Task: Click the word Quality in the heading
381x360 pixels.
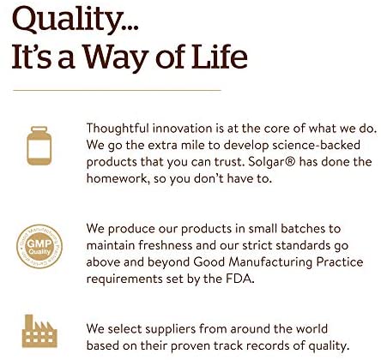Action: coord(68,20)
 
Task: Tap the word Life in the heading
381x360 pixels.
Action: coord(220,57)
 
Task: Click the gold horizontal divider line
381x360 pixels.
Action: coord(117,90)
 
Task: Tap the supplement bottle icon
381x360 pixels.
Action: coord(39,146)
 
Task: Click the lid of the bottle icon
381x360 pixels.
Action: coord(39,129)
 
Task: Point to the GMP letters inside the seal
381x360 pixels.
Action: coord(39,243)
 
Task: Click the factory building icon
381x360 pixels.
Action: coord(39,331)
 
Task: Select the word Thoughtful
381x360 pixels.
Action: coord(118,129)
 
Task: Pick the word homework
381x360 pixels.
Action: coord(118,179)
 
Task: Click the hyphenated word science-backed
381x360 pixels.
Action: coord(316,145)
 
